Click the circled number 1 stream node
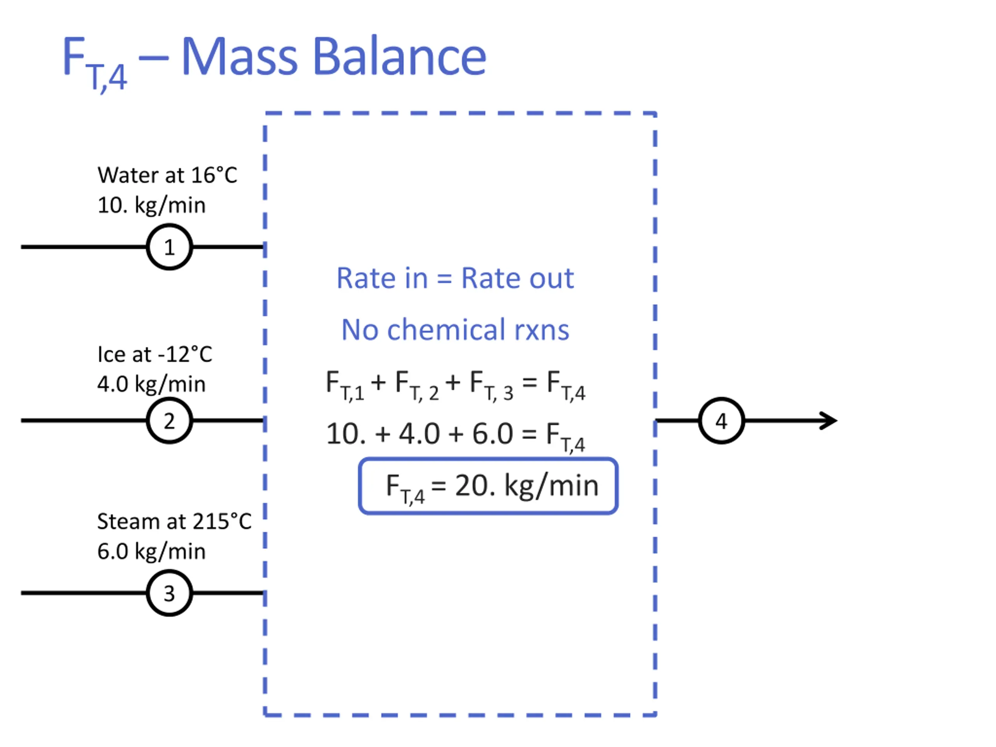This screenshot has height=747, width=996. tap(169, 247)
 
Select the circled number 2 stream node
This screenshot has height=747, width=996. tap(169, 421)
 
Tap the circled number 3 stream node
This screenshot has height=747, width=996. tap(169, 593)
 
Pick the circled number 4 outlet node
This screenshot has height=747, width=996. tap(721, 421)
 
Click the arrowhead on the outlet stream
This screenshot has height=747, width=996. tap(829, 421)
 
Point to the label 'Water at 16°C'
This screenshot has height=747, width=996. tap(167, 175)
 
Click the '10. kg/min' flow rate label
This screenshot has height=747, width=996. tap(151, 205)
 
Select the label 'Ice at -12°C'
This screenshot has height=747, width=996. tap(154, 354)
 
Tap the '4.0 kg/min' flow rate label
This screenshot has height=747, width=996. tap(151, 384)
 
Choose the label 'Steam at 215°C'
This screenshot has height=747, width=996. tap(174, 521)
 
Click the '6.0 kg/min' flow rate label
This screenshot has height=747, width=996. tap(151, 551)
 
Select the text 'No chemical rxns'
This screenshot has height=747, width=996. tap(455, 330)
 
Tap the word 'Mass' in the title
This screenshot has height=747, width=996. tap(239, 57)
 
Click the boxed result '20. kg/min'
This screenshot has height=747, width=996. tap(526, 486)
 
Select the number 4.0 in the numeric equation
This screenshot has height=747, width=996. tap(419, 434)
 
